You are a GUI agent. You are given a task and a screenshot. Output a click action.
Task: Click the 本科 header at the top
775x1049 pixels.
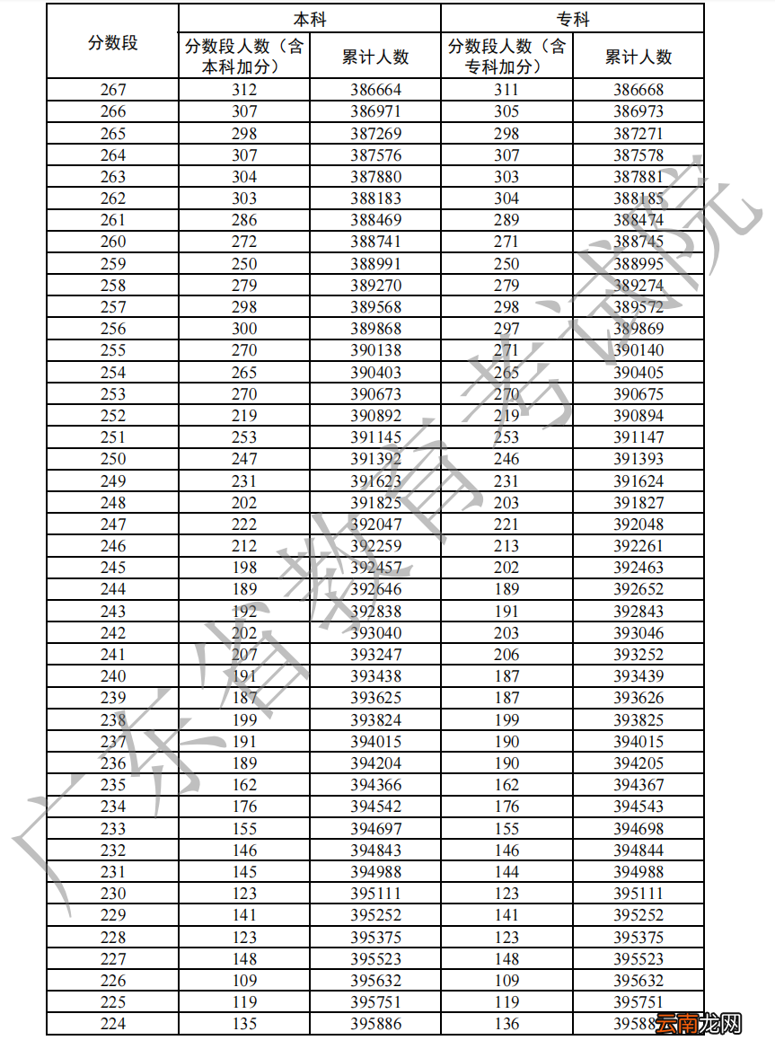(x=309, y=19)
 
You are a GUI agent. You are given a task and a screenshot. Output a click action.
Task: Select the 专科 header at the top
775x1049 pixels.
(x=572, y=19)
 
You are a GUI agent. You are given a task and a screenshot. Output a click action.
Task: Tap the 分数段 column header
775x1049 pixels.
(x=113, y=42)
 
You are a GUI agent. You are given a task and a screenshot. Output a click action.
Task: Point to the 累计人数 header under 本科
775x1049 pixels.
(x=375, y=57)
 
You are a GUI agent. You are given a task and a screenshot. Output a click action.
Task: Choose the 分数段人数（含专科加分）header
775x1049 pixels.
(x=506, y=57)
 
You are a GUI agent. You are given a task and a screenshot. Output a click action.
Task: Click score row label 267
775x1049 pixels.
(x=113, y=90)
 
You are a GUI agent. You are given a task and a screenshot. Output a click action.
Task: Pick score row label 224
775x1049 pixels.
(x=113, y=1024)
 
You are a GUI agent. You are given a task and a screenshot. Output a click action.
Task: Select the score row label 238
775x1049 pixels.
(x=113, y=720)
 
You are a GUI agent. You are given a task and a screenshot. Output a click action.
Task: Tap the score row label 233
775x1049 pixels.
(x=113, y=829)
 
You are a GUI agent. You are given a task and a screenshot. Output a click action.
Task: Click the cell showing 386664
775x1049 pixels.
(x=375, y=90)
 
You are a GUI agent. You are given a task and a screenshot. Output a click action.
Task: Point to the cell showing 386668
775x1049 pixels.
(x=638, y=90)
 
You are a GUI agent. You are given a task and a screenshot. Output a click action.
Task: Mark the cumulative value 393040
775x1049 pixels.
(x=375, y=633)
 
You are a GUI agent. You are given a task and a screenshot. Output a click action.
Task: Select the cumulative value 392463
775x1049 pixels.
(x=638, y=568)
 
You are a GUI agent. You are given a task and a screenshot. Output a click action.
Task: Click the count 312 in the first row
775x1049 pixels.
(x=244, y=90)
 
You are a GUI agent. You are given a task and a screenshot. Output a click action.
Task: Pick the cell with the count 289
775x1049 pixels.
(x=506, y=220)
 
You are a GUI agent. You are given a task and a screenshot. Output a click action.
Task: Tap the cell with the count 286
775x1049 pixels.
(x=244, y=220)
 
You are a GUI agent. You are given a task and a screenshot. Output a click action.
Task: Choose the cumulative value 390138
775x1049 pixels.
(x=375, y=350)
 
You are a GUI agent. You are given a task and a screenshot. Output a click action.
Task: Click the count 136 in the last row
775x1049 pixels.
(x=506, y=1024)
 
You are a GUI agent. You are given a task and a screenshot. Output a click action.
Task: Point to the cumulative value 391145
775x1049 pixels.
(x=375, y=437)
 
